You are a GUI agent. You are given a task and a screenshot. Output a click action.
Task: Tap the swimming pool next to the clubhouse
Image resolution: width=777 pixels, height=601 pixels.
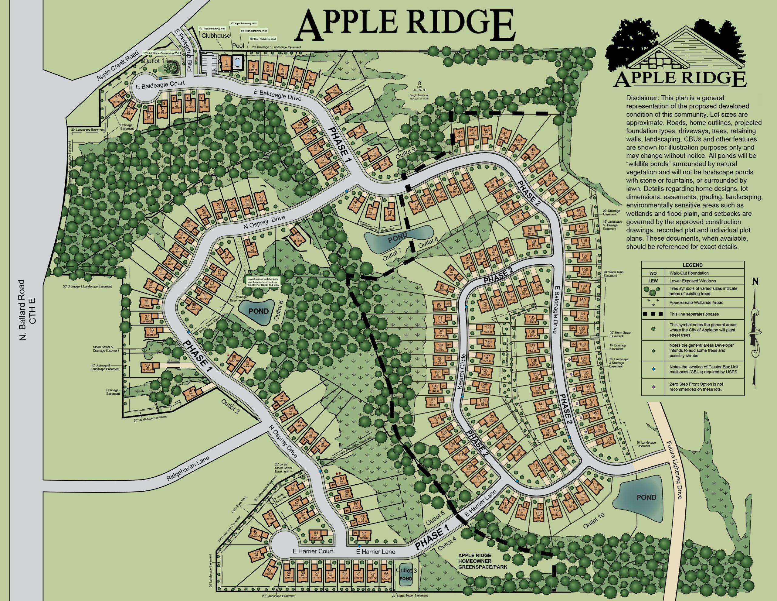click(x=237, y=62)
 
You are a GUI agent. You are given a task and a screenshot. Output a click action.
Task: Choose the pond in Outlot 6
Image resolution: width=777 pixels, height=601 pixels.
click(x=259, y=311)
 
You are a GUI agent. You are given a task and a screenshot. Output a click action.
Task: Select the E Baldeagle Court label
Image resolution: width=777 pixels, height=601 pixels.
click(x=158, y=84)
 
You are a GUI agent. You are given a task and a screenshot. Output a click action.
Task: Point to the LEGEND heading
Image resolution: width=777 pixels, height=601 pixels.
click(x=692, y=265)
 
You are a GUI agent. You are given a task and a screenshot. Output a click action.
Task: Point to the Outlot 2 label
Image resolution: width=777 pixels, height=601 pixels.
click(x=231, y=407)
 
